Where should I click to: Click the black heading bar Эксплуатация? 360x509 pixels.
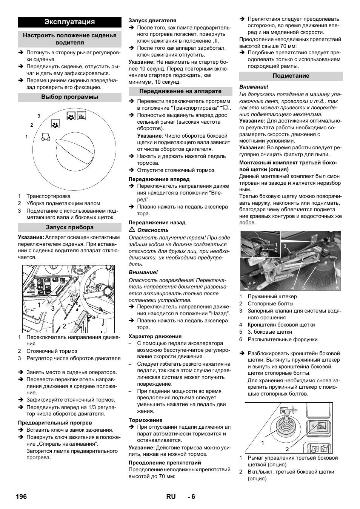point(70,22)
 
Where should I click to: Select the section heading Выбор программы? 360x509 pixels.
point(70,97)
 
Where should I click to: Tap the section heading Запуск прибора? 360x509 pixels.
point(70,227)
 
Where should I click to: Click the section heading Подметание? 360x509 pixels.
point(291,76)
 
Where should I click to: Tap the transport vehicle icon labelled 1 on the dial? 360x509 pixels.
point(45,137)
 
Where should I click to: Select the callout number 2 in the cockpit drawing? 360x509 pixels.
point(64,326)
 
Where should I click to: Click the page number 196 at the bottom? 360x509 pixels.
point(22,497)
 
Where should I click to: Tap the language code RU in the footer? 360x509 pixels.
point(171,497)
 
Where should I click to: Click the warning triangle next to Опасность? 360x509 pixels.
point(132,230)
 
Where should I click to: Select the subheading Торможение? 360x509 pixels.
point(146,420)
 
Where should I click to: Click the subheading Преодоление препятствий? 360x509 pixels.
point(165,463)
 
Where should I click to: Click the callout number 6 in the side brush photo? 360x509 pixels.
point(337,288)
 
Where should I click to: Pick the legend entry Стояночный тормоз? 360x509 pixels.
point(51,351)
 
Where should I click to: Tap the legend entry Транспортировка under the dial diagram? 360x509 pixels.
point(48,196)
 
